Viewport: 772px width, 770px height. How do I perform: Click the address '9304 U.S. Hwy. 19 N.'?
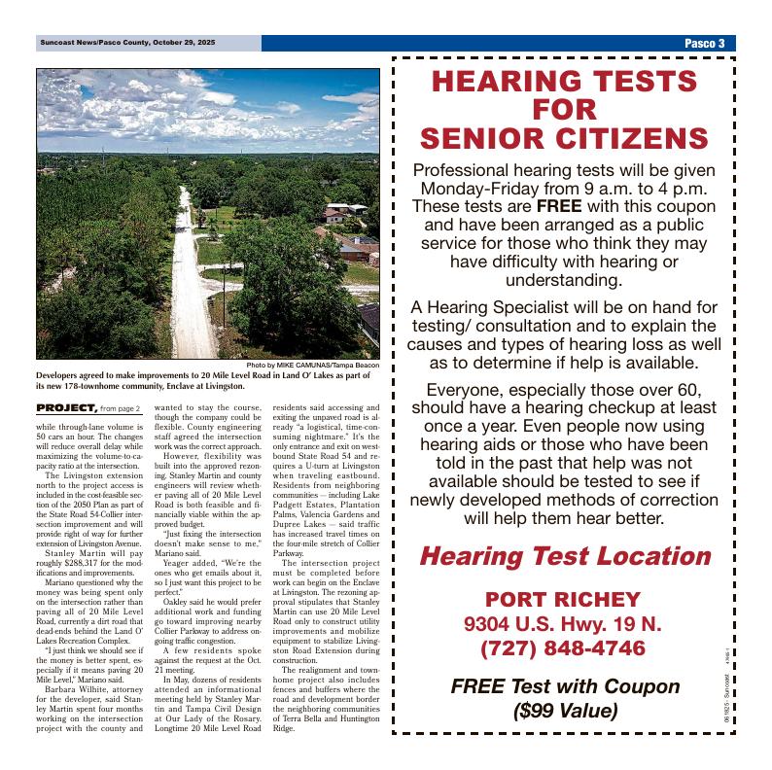563,623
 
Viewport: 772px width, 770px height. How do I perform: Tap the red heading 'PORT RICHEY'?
563,599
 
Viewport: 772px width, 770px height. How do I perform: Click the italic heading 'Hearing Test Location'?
564,557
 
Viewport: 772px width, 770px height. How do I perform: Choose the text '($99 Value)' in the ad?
564,711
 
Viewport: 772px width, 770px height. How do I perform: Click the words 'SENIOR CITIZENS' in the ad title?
564,137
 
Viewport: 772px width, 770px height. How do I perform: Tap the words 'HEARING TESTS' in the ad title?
564,81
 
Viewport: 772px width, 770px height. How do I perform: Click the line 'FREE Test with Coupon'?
564,686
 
